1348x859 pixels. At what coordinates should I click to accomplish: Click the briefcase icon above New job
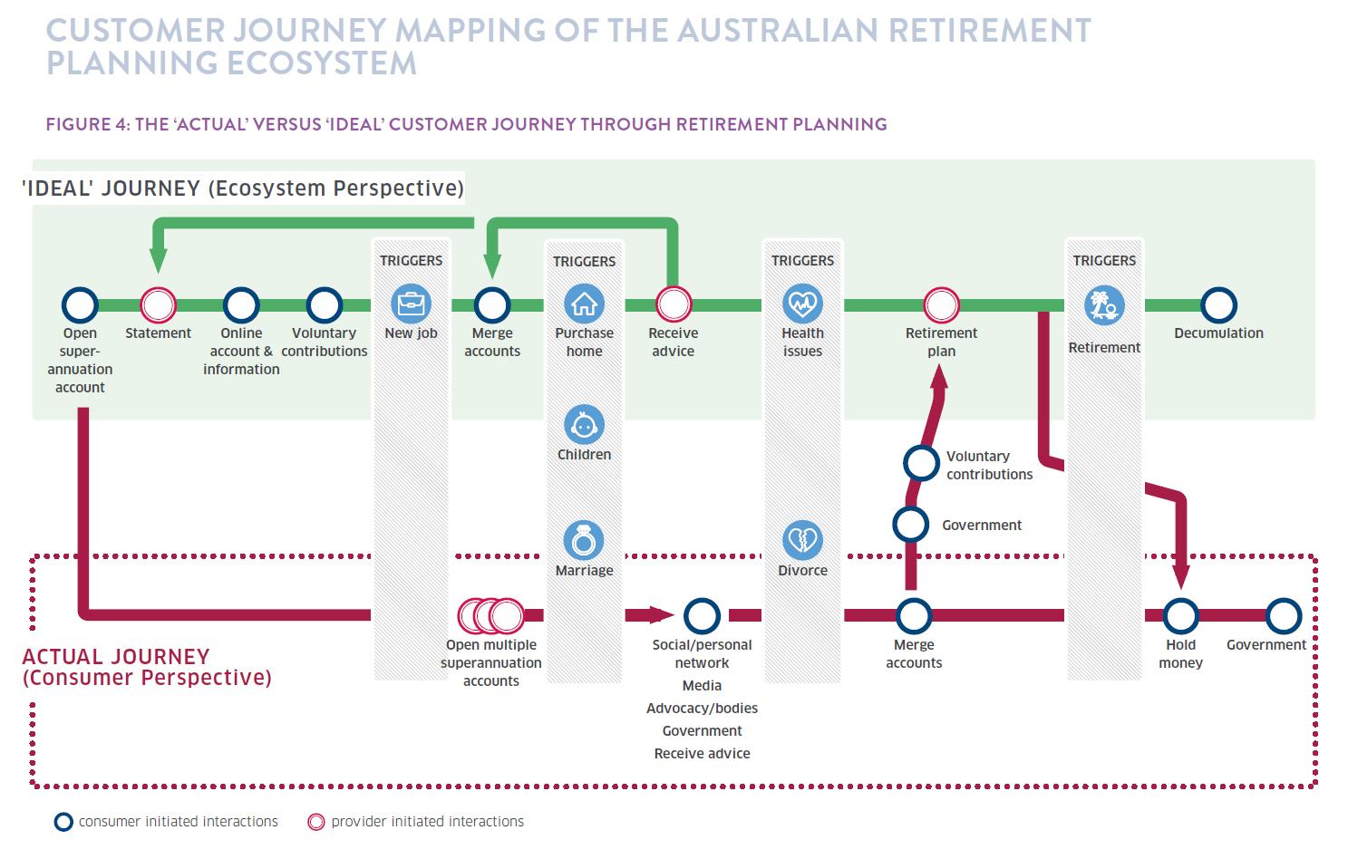[411, 304]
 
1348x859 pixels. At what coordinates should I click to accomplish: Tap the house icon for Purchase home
[584, 304]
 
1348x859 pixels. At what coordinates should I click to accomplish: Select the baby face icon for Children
[584, 425]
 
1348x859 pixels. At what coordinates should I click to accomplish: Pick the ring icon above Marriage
[584, 541]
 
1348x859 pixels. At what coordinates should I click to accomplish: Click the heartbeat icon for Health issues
[802, 304]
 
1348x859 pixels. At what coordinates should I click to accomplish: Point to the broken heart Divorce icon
[802, 541]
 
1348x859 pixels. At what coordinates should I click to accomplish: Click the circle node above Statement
[158, 305]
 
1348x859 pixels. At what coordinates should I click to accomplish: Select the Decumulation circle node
[1218, 305]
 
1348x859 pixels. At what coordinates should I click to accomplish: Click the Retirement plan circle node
[941, 305]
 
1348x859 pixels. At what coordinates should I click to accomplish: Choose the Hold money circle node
[1180, 616]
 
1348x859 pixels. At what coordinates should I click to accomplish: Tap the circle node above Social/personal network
[702, 616]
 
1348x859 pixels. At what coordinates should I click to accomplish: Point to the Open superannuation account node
[80, 305]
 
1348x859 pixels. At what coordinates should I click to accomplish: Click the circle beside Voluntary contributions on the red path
[921, 463]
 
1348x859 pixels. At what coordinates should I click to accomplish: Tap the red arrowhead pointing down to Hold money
[1180, 577]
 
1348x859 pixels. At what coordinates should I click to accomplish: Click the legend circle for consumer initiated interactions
[63, 823]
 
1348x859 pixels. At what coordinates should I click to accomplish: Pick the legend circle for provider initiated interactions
[315, 823]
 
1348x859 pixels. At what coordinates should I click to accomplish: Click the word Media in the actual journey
[702, 686]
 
